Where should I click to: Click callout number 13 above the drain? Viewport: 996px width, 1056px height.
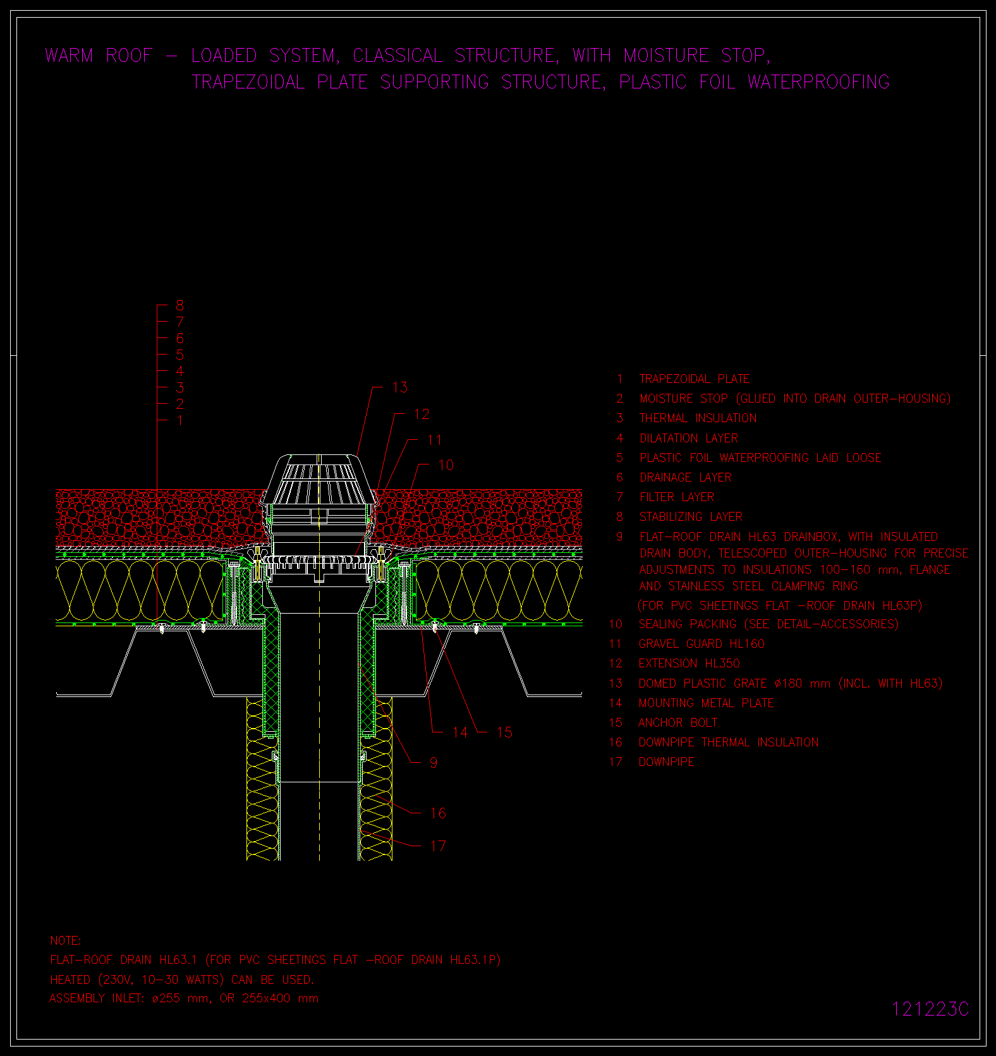[x=400, y=387]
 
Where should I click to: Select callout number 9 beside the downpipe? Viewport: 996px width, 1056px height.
[x=434, y=763]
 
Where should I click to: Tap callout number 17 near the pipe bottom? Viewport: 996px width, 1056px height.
[x=438, y=846]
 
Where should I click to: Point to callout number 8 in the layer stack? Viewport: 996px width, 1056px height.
[x=180, y=306]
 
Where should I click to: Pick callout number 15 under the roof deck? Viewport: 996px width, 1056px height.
[x=504, y=732]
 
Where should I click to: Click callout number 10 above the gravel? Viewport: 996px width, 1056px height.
[x=446, y=465]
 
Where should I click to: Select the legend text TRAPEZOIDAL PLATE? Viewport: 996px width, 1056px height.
[x=694, y=379]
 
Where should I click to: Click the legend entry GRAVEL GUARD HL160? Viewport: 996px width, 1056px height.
[x=701, y=644]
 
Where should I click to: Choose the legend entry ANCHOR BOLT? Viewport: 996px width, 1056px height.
[x=677, y=723]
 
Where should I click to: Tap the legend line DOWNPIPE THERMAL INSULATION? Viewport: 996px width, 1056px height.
[x=728, y=743]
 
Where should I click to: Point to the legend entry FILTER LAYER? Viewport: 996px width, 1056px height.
[x=677, y=497]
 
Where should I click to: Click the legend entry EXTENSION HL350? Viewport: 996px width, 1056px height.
[x=689, y=664]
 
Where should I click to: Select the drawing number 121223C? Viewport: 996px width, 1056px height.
[x=930, y=1009]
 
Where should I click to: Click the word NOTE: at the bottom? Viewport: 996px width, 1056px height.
[x=66, y=941]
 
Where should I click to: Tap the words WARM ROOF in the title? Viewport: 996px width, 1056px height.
[x=99, y=56]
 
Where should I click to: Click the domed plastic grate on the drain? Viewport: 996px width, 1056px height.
[x=320, y=480]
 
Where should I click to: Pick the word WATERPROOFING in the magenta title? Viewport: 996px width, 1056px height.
[x=818, y=82]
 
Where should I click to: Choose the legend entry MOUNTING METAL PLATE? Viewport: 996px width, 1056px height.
[x=706, y=703]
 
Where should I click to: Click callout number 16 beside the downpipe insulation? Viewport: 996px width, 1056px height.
[x=438, y=813]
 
